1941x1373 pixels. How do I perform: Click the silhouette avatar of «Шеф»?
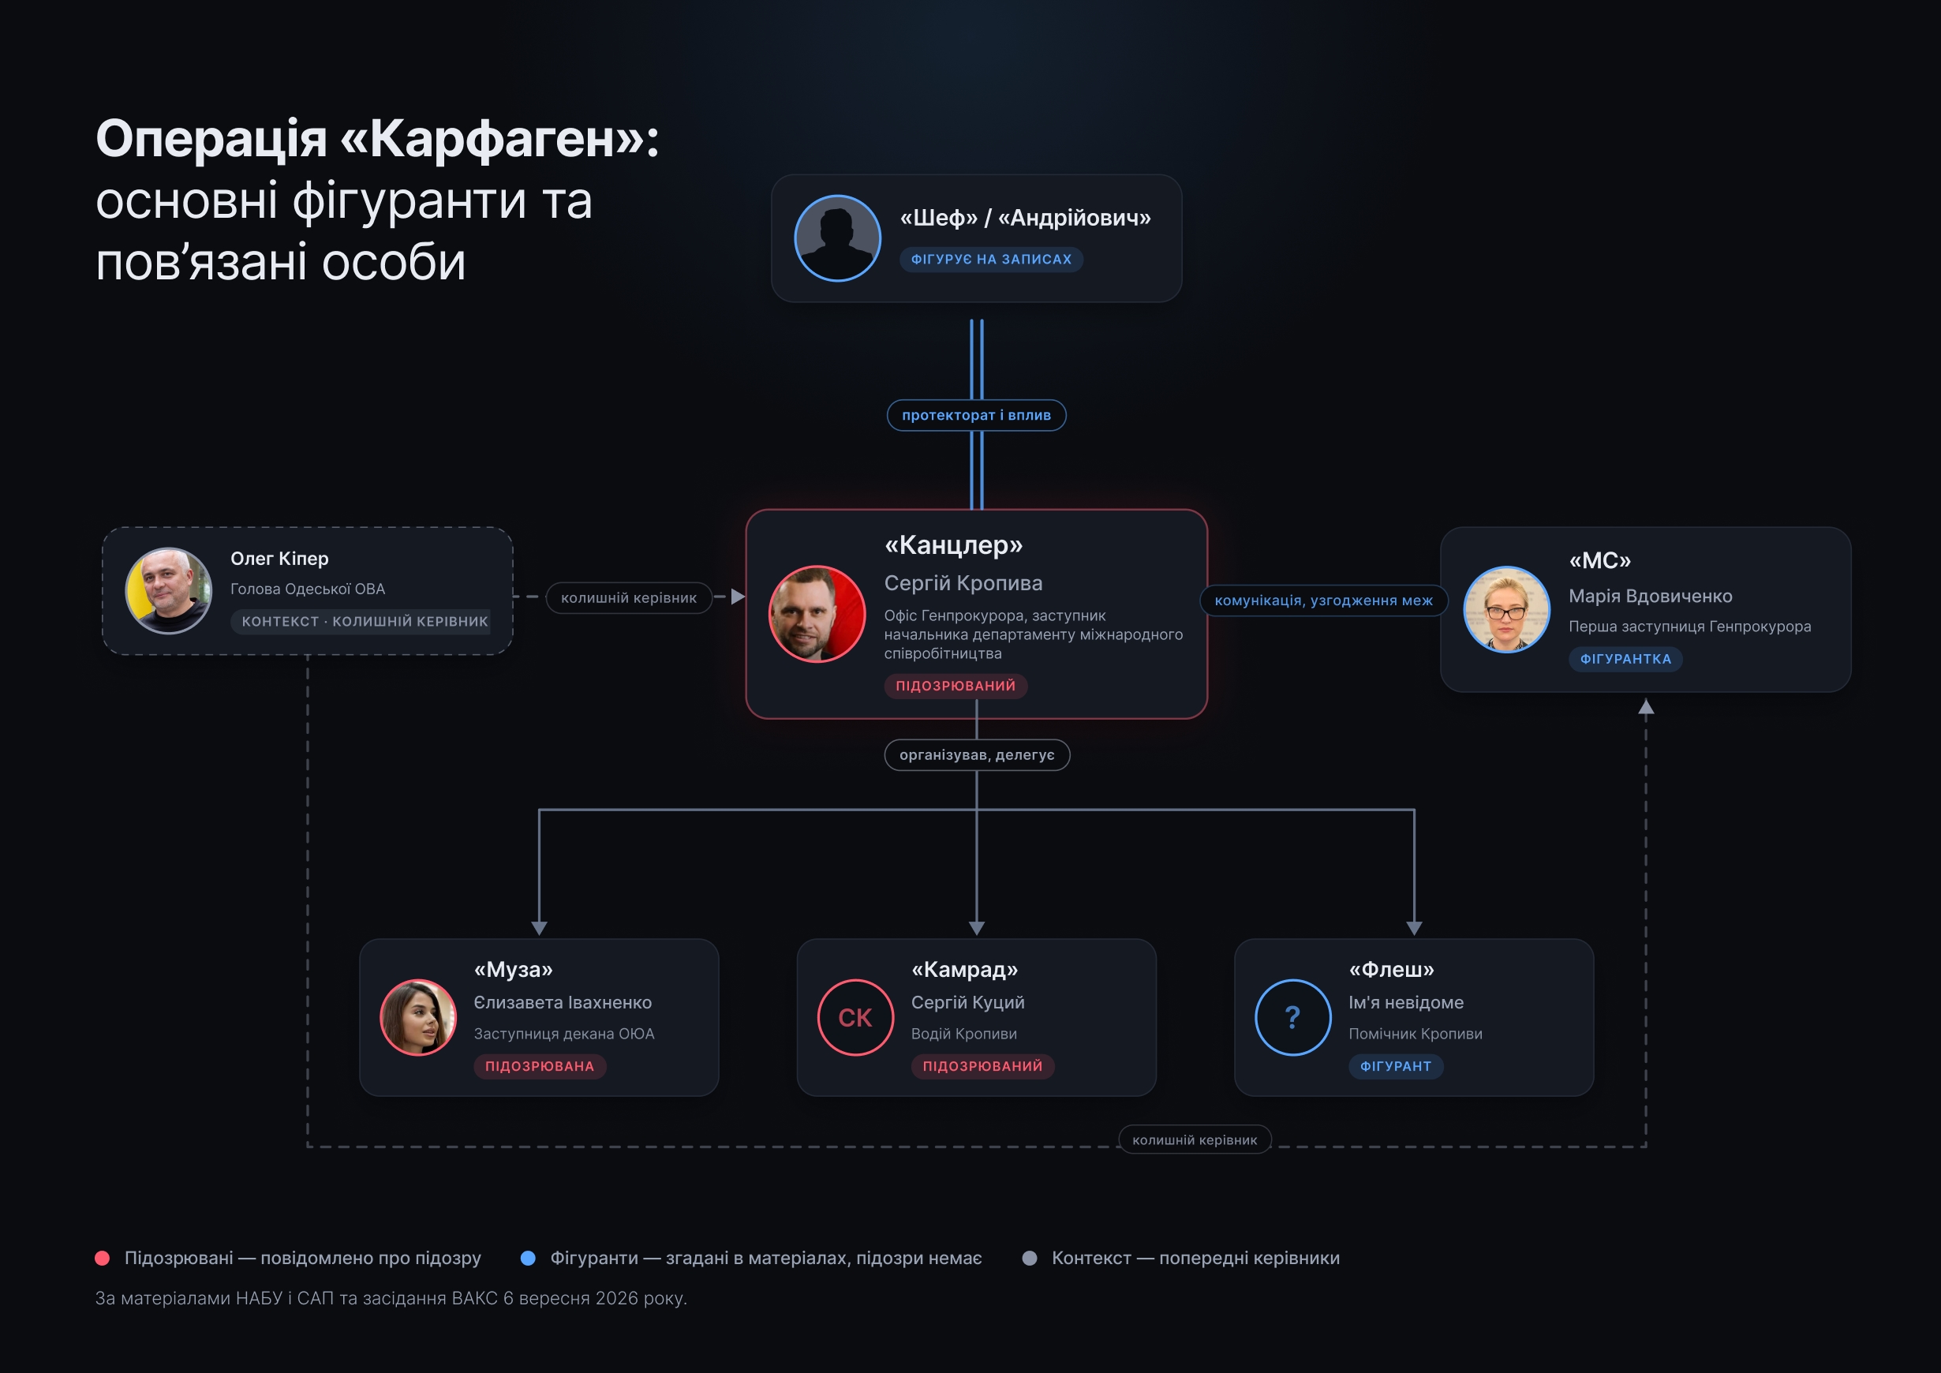pos(837,238)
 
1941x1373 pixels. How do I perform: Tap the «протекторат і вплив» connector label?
pos(977,415)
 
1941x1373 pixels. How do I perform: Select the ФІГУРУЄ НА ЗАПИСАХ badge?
pos(991,260)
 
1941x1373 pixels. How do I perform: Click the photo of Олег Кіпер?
pos(168,591)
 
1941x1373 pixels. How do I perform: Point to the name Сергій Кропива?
pos(963,583)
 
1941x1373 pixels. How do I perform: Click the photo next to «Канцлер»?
pos(817,614)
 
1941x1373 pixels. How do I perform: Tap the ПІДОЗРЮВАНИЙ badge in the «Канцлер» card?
pos(956,686)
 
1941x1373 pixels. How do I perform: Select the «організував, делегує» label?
pos(977,755)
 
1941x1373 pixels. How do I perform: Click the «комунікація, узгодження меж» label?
pos(1324,600)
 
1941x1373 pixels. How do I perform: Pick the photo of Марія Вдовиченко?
pos(1506,609)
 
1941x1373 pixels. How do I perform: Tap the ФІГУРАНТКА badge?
pos(1625,660)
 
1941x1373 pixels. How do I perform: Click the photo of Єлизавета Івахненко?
pos(418,1017)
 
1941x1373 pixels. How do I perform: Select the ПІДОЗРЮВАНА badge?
pos(540,1066)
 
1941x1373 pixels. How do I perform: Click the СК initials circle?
pos(855,1017)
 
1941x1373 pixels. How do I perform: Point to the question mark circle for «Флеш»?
pos(1292,1017)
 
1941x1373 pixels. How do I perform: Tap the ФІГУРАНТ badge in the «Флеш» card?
pos(1396,1066)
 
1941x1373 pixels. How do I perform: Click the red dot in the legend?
pos(103,1258)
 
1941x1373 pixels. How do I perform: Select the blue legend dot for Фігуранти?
pos(529,1258)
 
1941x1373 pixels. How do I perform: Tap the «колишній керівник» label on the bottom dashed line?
pos(1195,1139)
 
